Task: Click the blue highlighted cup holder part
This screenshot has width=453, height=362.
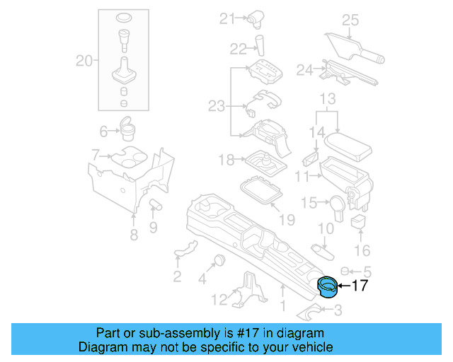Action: [328, 288]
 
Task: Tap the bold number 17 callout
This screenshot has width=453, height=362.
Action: [360, 286]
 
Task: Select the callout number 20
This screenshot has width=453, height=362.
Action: [84, 62]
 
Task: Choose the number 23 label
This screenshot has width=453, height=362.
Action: [216, 107]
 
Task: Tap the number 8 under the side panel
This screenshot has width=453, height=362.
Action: [134, 235]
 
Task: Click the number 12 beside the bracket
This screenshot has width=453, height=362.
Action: [219, 299]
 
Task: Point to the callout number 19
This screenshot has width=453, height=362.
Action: [286, 220]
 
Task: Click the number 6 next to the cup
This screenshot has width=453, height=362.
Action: [103, 131]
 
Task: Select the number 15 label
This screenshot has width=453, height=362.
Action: [309, 203]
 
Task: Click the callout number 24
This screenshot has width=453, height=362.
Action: [304, 69]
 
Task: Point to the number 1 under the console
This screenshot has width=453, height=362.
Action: [284, 306]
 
